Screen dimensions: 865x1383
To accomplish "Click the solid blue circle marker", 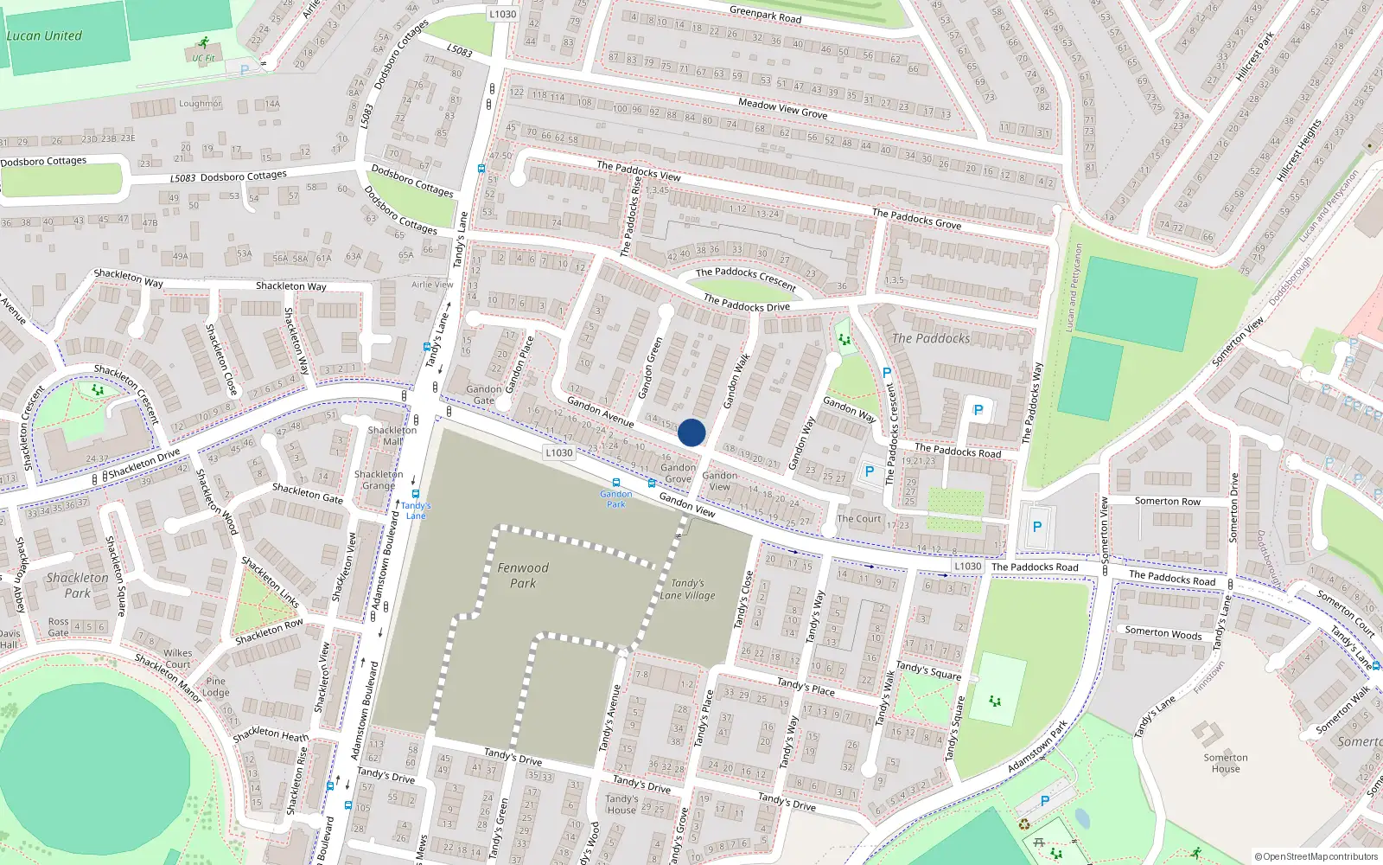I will tap(691, 432).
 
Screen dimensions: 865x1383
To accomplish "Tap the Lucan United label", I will tap(44, 36).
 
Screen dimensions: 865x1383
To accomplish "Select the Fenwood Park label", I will tap(523, 575).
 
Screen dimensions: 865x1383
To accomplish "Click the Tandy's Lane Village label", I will tap(688, 589).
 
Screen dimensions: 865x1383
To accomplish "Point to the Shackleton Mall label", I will tap(392, 436).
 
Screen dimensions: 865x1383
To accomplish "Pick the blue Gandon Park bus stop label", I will tap(616, 498).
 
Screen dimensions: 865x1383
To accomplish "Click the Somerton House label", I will tap(1226, 763).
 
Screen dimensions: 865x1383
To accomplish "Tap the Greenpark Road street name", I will tap(765, 15).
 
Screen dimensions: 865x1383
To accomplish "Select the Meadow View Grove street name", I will tap(782, 108).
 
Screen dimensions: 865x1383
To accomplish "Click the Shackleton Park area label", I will tap(78, 585).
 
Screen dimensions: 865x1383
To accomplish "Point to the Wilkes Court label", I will tap(178, 659).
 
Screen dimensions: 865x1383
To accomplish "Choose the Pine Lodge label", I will tap(216, 687).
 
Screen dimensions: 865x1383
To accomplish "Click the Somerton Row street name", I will tap(1167, 502).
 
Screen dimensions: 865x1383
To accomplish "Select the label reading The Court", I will tap(859, 519).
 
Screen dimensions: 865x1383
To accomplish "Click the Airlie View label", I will tap(432, 285).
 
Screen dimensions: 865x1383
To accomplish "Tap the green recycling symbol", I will tap(1024, 824).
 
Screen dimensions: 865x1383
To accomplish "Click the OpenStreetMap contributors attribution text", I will tap(1316, 856).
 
